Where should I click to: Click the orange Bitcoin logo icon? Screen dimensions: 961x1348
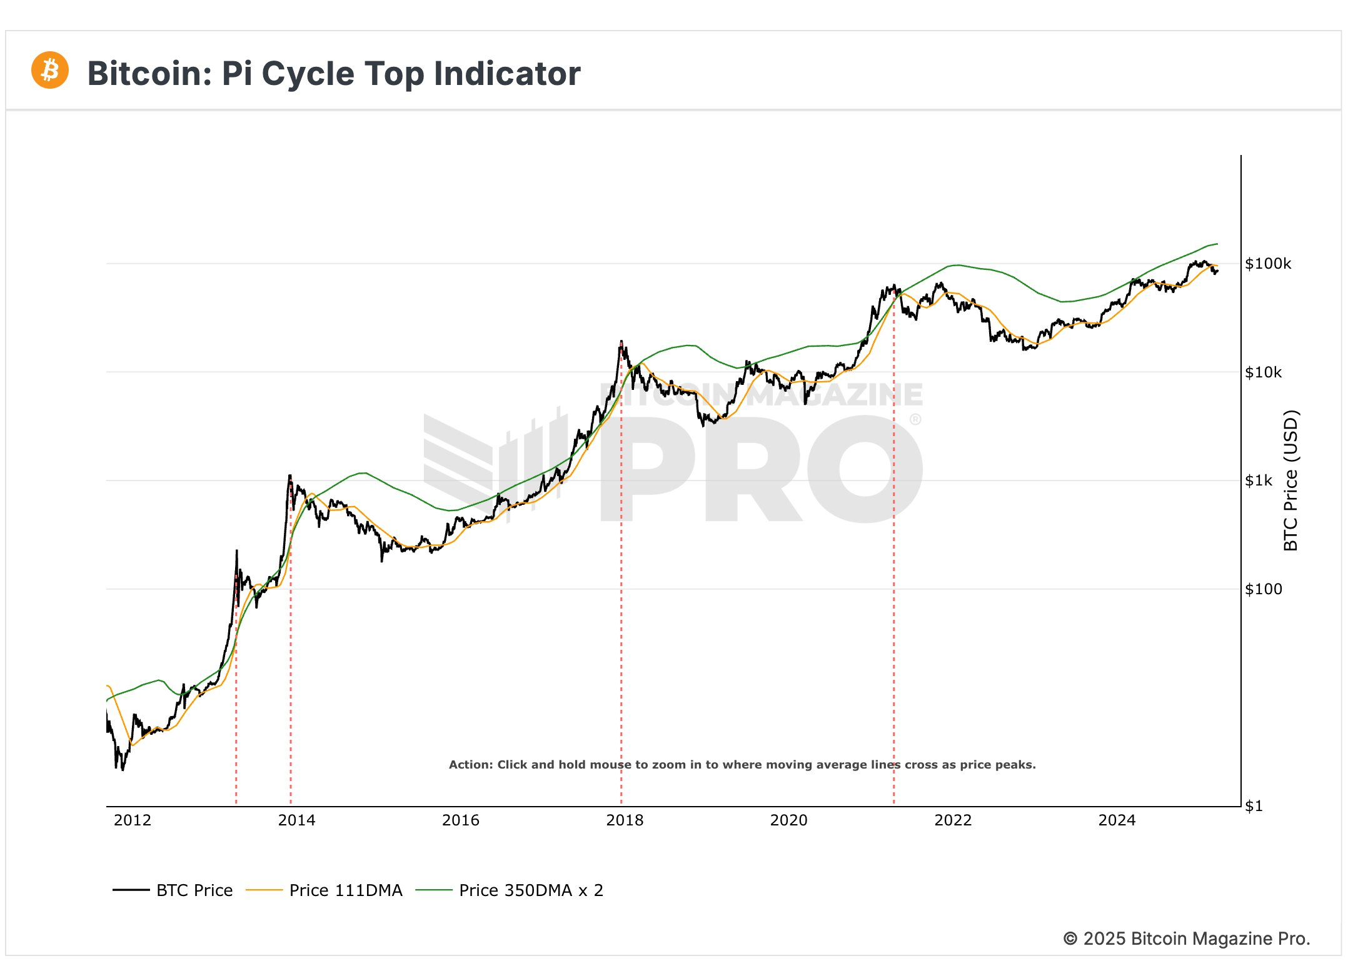click(x=50, y=70)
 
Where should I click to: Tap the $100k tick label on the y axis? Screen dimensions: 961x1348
click(x=1268, y=264)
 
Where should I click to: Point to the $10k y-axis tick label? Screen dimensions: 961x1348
click(x=1263, y=372)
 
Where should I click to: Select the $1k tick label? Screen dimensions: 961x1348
click(x=1259, y=480)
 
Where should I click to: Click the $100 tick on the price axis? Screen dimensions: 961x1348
click(x=1263, y=589)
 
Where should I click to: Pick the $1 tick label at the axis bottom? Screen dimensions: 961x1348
click(x=1254, y=806)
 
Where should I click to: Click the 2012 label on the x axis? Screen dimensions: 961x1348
click(x=133, y=820)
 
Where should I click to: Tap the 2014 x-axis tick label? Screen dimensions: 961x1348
click(x=296, y=820)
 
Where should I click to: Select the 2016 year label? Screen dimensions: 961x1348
click(x=461, y=820)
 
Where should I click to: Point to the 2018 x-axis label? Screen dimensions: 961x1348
click(x=625, y=820)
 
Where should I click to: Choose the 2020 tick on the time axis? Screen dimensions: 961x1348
click(x=788, y=820)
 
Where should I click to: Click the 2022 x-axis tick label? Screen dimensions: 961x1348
click(x=953, y=820)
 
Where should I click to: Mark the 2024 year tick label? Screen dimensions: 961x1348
click(x=1117, y=820)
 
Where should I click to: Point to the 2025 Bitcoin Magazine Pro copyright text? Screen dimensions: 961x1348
click(x=1187, y=939)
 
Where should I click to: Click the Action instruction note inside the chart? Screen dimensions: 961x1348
click(x=742, y=765)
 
